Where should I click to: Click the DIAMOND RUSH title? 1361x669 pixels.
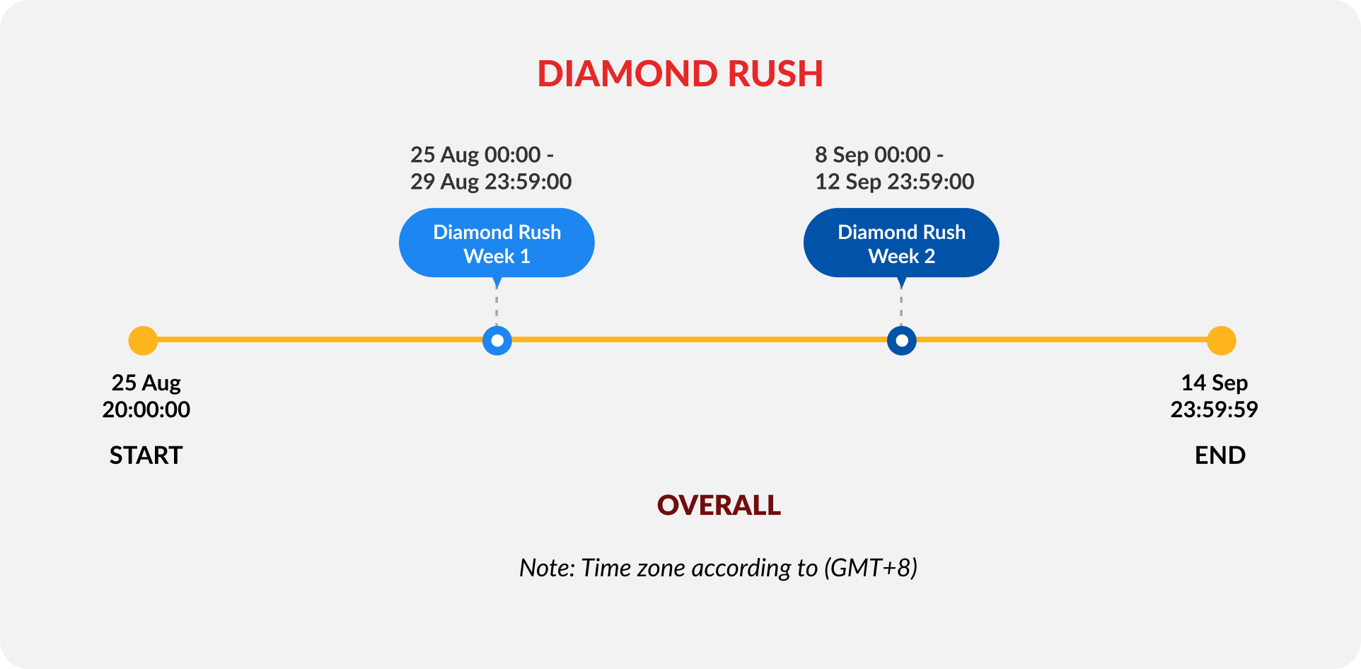click(x=680, y=74)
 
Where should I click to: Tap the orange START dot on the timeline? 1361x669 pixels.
click(x=143, y=341)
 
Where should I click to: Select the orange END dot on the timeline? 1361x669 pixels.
click(x=1221, y=341)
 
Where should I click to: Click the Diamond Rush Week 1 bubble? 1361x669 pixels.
click(x=497, y=243)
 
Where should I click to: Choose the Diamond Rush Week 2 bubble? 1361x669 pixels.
click(x=901, y=243)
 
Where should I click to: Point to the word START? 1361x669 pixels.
click(x=146, y=455)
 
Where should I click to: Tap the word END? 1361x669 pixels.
click(x=1220, y=455)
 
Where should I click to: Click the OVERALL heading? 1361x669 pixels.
click(x=719, y=505)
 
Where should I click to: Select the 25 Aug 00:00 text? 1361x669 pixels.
click(x=475, y=155)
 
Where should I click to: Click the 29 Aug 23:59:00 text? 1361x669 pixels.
click(x=491, y=182)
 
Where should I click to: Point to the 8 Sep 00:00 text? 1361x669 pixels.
click(x=873, y=155)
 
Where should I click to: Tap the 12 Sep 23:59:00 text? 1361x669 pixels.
click(x=895, y=182)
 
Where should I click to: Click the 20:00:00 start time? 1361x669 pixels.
click(x=146, y=409)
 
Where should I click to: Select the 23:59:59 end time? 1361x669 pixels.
click(x=1215, y=409)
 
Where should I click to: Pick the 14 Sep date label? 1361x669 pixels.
click(x=1215, y=383)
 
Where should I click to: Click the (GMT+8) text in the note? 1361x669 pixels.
click(x=871, y=568)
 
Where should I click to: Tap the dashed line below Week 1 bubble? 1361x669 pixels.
click(x=497, y=307)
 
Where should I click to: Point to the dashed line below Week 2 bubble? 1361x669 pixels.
click(x=901, y=307)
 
